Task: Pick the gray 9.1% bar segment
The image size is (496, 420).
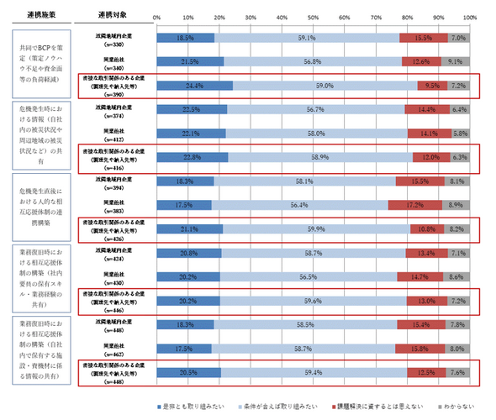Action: (455, 61)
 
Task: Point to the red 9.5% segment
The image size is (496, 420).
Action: (432, 85)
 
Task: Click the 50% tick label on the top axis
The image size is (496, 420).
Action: (314, 17)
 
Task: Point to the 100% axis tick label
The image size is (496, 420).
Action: (470, 17)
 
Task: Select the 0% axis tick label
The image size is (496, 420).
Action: (157, 17)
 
